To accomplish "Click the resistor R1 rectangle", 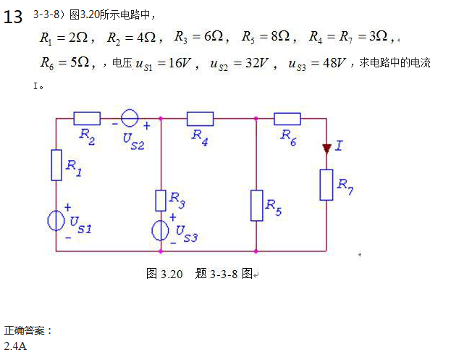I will coord(56,164).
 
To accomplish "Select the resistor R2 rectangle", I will coord(87,118).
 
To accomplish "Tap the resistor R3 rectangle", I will coord(161,200).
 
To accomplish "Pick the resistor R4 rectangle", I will coord(200,118).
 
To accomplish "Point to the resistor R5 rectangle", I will coord(256,205).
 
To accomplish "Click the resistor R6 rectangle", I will coord(287,118).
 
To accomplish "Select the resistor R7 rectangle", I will coord(326,185).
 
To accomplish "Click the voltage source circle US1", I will coord(56,220).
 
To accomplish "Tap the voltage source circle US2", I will coord(130,118).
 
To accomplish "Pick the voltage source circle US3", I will coord(161,230).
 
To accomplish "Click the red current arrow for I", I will coord(326,148).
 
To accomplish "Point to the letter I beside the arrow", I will coord(339,146).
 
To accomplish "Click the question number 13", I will coord(13,17).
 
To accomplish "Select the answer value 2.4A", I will coord(15,346).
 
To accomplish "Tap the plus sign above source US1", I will coord(67,206).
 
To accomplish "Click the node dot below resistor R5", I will coord(256,251).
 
